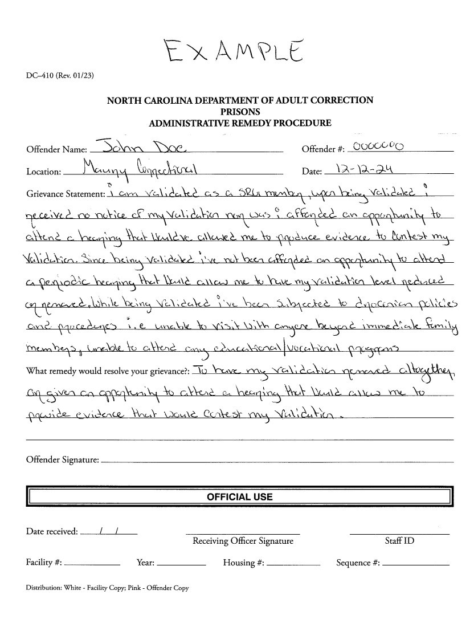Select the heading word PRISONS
point(240,112)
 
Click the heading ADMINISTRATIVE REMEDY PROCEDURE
point(240,123)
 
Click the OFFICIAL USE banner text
point(239,497)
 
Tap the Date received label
point(52,532)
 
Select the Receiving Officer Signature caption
point(243,541)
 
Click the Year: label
point(146,563)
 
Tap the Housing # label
point(243,563)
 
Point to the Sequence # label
point(358,563)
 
